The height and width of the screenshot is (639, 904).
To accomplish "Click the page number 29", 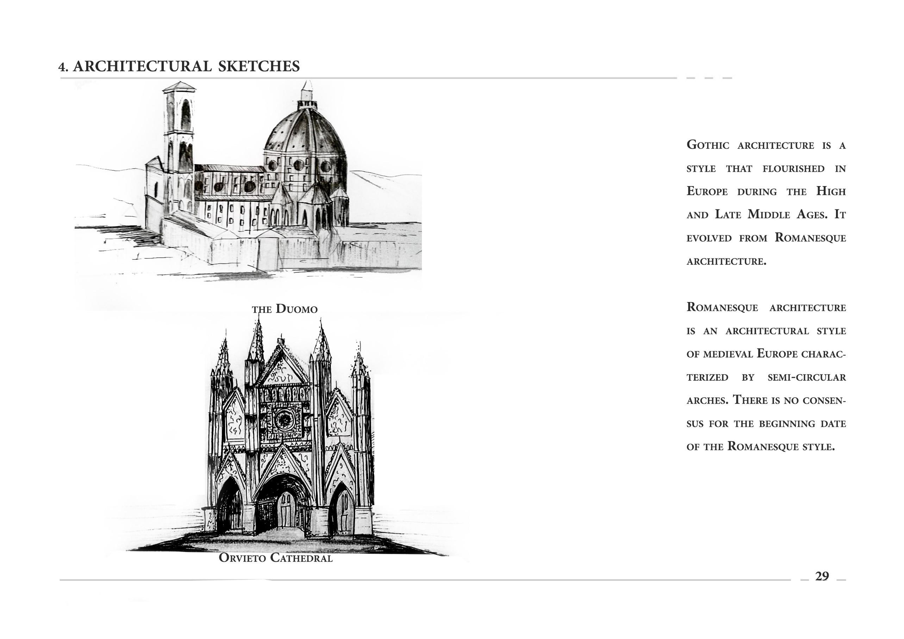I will [822, 576].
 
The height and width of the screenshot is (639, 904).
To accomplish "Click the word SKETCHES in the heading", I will [259, 66].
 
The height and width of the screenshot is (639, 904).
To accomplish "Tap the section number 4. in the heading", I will [63, 67].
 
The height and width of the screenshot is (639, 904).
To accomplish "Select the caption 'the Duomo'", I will [285, 309].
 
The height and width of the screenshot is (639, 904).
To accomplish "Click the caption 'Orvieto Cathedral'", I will [276, 558].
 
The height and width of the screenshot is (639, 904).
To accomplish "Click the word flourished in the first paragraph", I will [793, 168].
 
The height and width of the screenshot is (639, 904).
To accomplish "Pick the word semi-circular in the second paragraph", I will [806, 377].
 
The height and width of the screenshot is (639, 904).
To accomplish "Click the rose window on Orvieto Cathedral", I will [283, 420].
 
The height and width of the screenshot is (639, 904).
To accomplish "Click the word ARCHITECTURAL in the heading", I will [142, 66].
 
